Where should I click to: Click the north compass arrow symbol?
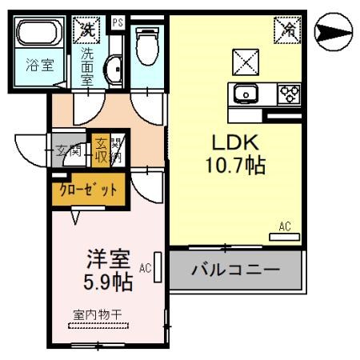point(334,33)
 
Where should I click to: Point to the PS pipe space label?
point(118,22)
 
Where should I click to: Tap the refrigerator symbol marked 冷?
point(287,30)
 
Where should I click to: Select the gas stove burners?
point(288,94)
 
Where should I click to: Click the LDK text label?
point(234,142)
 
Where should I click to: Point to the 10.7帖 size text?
point(234,167)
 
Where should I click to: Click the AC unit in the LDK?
point(284,237)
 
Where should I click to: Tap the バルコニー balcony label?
point(235,270)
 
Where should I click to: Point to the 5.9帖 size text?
point(108,282)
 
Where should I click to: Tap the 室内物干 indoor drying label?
point(98,314)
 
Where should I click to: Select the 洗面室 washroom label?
point(87,66)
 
